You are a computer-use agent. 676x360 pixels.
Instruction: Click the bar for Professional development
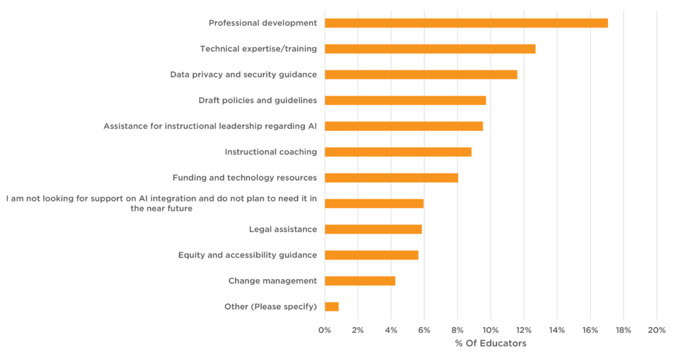pos(466,23)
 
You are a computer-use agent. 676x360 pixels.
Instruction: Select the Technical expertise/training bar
pos(430,49)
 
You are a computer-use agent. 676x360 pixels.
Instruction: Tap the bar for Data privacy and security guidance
pos(421,75)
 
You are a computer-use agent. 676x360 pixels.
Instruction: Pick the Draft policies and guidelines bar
pos(405,100)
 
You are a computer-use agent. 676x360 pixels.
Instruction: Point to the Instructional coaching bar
pos(398,152)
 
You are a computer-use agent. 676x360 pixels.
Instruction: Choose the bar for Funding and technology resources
pos(391,178)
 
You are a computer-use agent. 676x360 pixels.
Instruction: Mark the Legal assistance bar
pos(373,229)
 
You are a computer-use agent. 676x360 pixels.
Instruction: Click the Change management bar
pos(360,281)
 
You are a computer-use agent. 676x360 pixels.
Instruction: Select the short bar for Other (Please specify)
pos(331,306)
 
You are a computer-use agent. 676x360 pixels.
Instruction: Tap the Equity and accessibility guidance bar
pos(372,255)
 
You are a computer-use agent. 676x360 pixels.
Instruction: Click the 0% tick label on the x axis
pos(325,330)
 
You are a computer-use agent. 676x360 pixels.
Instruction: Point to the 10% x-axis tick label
pos(490,330)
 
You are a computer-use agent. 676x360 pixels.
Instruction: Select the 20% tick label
pos(657,330)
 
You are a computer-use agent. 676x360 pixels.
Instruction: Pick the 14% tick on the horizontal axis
pos(557,330)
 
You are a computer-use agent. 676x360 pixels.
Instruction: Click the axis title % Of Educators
pos(490,343)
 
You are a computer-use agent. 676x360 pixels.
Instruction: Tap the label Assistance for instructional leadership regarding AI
pos(210,126)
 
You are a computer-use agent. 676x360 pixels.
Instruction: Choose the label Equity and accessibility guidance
pos(248,255)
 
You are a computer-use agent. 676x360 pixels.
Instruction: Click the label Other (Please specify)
pos(271,306)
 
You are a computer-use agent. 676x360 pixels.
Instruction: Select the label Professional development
pos(263,23)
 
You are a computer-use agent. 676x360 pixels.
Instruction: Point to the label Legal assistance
pos(283,229)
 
